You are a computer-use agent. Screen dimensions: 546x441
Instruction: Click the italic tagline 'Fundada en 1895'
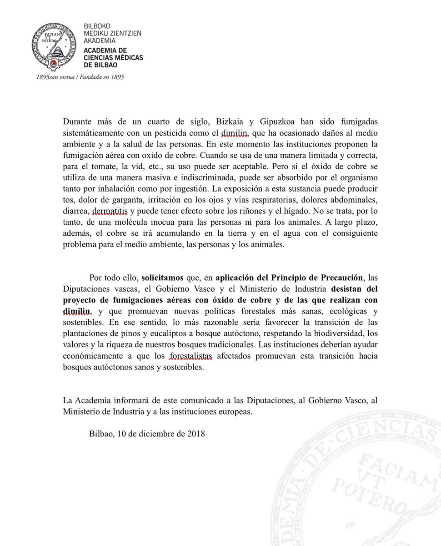(x=102, y=77)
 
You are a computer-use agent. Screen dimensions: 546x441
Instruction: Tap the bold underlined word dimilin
(x=77, y=312)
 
